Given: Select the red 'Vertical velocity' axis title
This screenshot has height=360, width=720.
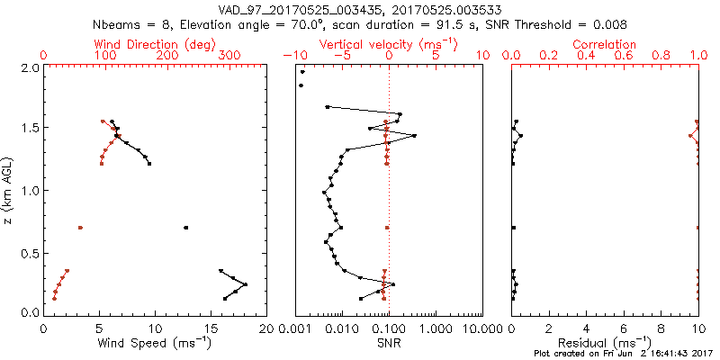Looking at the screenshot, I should pyautogui.click(x=389, y=44).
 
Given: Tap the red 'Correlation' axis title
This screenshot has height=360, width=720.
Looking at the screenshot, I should pyautogui.click(x=605, y=44).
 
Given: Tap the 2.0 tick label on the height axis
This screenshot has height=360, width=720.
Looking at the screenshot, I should pyautogui.click(x=29, y=67).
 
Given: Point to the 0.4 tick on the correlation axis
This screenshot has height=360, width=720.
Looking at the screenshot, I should pyautogui.click(x=586, y=56).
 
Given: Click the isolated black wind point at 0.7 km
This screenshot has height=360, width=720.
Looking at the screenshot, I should pyautogui.click(x=185, y=228).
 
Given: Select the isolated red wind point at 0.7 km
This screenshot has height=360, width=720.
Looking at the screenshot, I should pyautogui.click(x=81, y=228).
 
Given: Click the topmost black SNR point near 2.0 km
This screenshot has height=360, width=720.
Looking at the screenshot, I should pyautogui.click(x=302, y=72).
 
